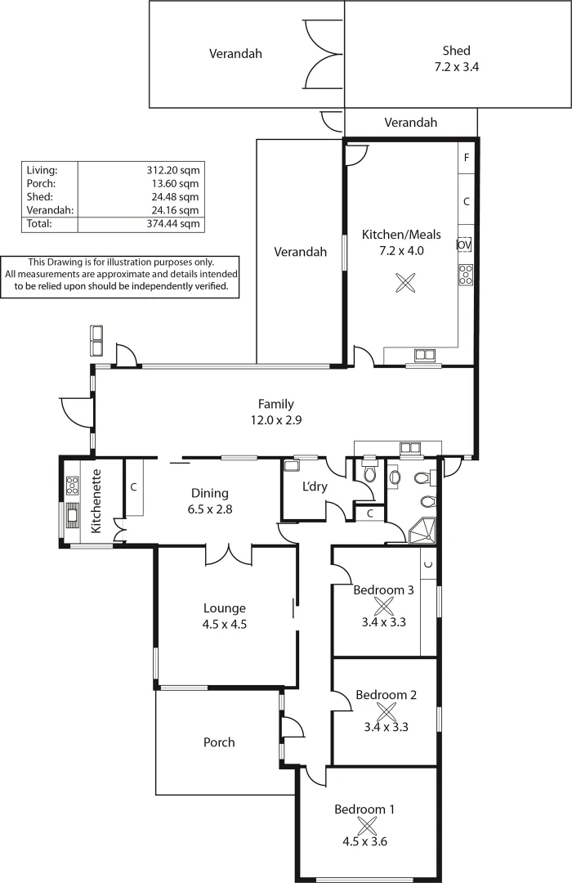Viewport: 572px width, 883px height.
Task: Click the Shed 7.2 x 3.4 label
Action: click(456, 59)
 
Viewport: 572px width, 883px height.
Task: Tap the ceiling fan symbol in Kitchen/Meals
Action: click(404, 283)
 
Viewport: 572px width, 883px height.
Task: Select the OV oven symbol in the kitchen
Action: click(465, 244)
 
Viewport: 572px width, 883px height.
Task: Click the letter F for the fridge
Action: click(467, 158)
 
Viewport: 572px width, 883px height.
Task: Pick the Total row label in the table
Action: click(39, 223)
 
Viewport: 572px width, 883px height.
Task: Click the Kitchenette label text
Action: click(96, 501)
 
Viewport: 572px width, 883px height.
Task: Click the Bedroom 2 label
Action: click(386, 695)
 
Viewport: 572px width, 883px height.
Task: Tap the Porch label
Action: click(219, 742)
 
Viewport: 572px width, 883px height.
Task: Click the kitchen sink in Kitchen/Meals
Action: click(424, 355)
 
